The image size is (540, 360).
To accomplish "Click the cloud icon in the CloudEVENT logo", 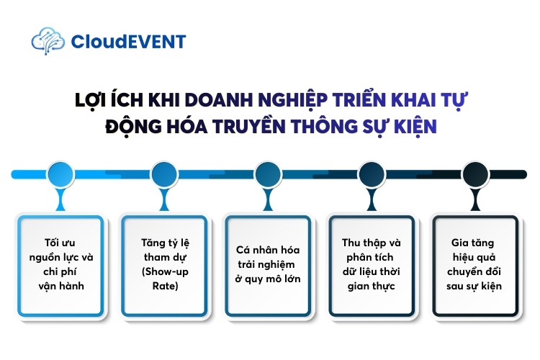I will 48,40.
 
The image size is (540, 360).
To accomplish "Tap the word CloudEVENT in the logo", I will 128,41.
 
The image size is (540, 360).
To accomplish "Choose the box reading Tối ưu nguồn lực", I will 60,264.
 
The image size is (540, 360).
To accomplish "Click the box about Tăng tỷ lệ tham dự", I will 164,264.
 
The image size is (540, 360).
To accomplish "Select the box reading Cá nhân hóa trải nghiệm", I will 268,264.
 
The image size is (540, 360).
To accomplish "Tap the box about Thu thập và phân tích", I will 372,264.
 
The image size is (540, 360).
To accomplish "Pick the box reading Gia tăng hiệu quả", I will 475,264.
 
